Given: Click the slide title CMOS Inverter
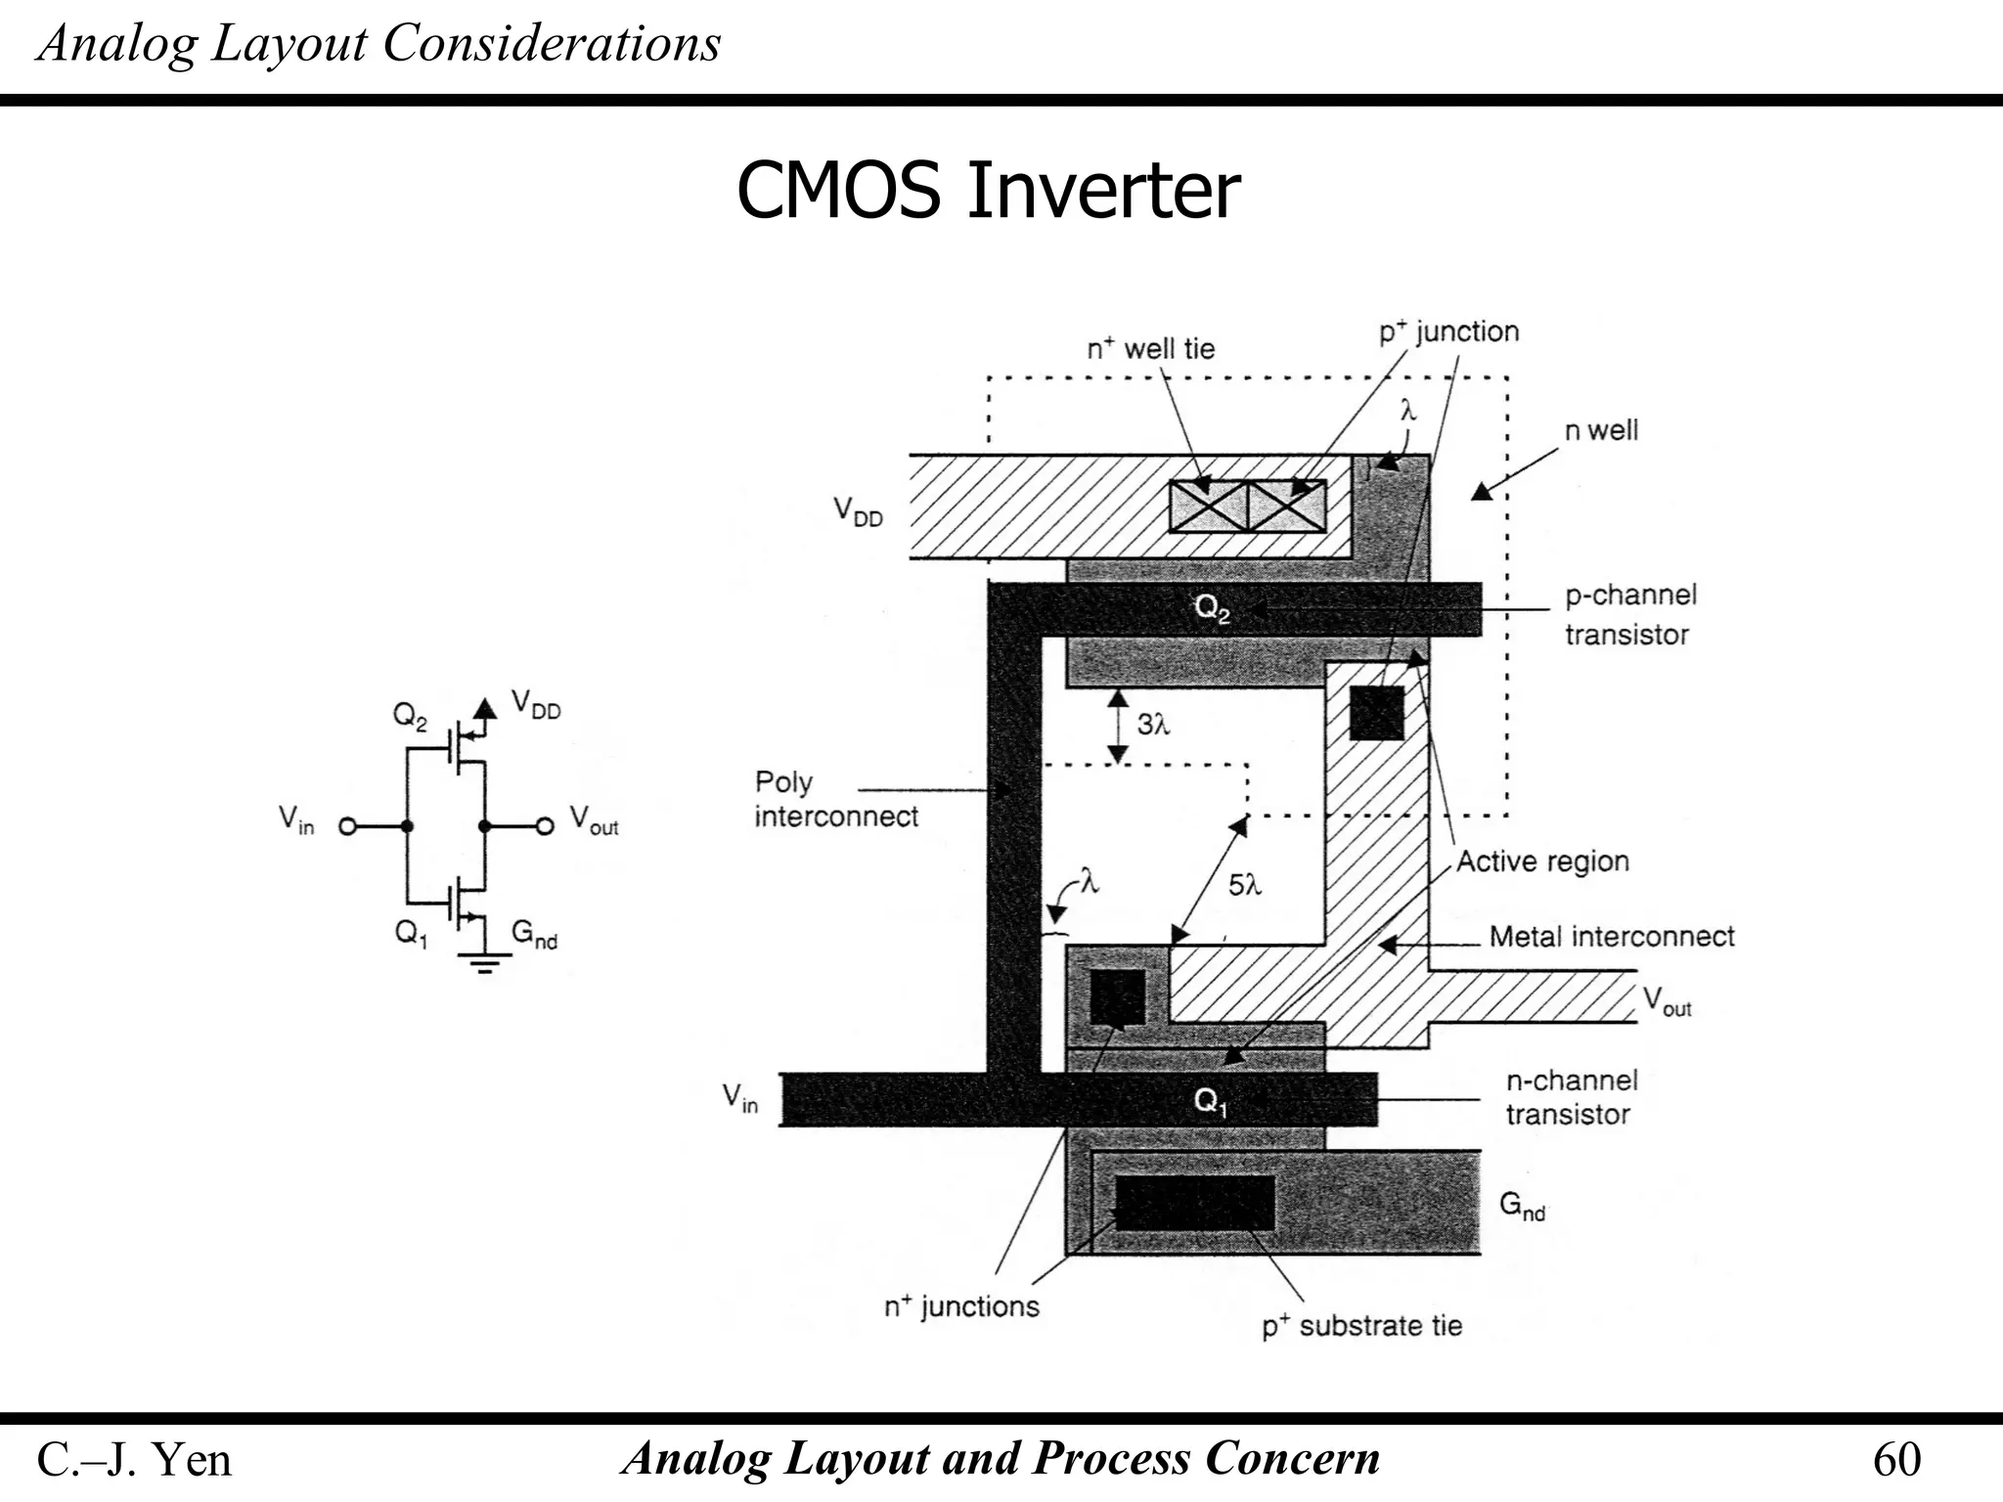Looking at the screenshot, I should click(x=988, y=191).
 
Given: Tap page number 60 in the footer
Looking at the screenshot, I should click(x=1896, y=1460).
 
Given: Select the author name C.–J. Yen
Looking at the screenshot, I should click(x=134, y=1460).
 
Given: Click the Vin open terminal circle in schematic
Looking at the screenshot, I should click(x=347, y=826).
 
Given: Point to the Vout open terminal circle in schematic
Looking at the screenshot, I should click(x=546, y=826).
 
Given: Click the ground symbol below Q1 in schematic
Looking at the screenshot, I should click(x=484, y=963).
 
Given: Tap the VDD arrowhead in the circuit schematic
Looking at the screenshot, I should click(x=484, y=708).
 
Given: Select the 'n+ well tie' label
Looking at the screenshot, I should click(x=1150, y=348).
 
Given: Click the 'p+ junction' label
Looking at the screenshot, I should click(x=1448, y=331).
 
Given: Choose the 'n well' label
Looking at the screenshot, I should click(x=1601, y=430).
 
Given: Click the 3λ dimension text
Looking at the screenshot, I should click(x=1153, y=725).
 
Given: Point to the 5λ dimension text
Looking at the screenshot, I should click(x=1244, y=885).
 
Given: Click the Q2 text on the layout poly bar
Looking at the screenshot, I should click(x=1212, y=608).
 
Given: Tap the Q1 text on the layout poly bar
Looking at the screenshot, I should click(x=1210, y=1102).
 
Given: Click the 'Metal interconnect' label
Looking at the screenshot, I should click(x=1611, y=937).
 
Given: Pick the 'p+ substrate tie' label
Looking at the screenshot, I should click(x=1361, y=1326).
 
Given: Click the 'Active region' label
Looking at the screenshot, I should click(x=1542, y=861).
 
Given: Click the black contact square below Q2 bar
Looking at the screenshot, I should click(x=1376, y=713).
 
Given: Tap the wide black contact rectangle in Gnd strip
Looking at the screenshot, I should click(x=1194, y=1203).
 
